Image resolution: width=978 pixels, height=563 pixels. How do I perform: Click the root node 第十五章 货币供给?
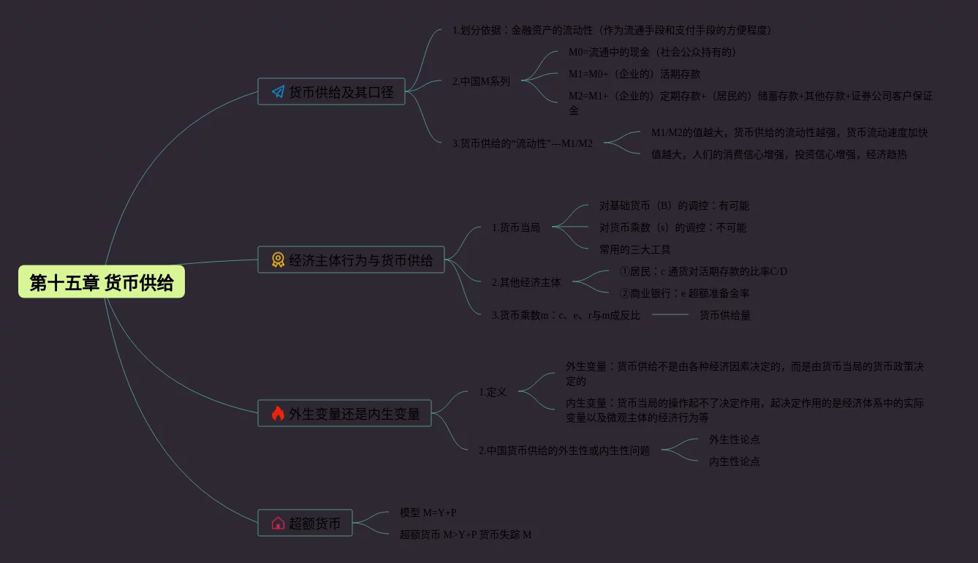click(x=102, y=282)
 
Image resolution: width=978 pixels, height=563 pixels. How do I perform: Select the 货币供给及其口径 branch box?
click(x=331, y=92)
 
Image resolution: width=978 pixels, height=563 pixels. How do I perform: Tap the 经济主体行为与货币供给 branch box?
click(x=351, y=260)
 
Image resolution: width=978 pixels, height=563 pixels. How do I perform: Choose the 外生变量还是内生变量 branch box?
click(x=344, y=414)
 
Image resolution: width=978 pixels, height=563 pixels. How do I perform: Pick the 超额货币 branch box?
click(x=305, y=524)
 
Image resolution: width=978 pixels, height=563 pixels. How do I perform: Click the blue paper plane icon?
click(x=278, y=92)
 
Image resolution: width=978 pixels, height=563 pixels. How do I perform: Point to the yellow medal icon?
click(x=278, y=260)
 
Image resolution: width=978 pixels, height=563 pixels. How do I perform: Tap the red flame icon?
click(x=278, y=414)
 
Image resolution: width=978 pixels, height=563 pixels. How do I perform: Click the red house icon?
click(x=278, y=524)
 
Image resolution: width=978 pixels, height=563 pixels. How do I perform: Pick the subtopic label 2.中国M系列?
click(x=481, y=81)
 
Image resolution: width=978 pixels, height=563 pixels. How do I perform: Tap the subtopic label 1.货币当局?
click(x=516, y=227)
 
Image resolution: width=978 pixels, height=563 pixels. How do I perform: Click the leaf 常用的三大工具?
click(x=635, y=249)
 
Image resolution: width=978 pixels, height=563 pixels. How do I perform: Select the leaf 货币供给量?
click(x=725, y=315)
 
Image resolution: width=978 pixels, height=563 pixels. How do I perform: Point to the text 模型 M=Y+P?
click(x=428, y=513)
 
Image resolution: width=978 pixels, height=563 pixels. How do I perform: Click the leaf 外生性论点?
click(x=735, y=439)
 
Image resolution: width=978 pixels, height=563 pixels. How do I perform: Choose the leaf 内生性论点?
click(x=735, y=461)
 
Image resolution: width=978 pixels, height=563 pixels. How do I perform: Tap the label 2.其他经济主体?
click(x=526, y=282)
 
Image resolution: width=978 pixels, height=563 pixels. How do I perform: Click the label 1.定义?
click(x=493, y=392)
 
